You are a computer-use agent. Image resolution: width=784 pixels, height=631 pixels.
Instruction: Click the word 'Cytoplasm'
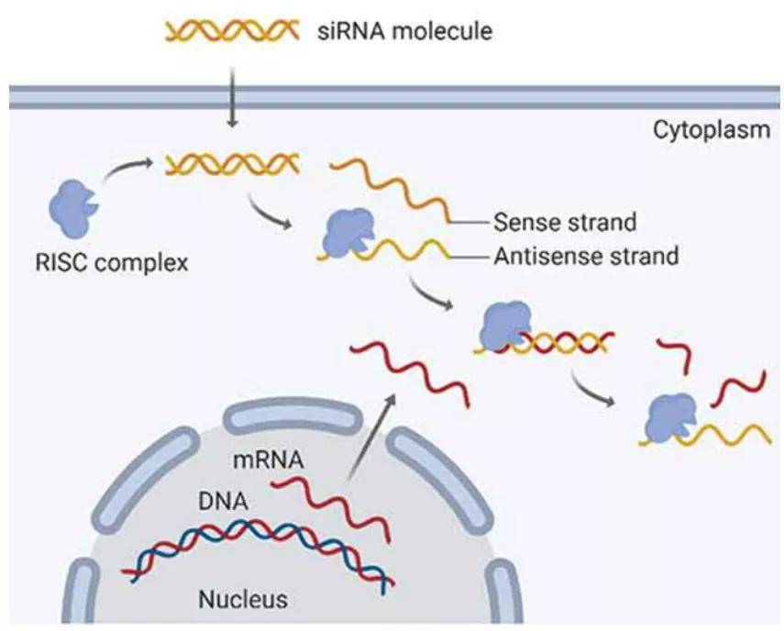pyautogui.click(x=712, y=129)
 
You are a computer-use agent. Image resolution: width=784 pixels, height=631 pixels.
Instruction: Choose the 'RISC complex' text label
pyautogui.click(x=108, y=264)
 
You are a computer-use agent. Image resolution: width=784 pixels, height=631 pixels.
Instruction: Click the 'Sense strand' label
pyautogui.click(x=565, y=222)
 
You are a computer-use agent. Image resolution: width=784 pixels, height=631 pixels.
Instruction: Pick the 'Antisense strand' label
pyautogui.click(x=586, y=256)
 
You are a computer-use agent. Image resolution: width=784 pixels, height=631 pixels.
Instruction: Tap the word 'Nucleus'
pyautogui.click(x=243, y=601)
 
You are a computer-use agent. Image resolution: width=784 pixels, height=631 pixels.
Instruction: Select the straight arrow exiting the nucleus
pyautogui.click(x=372, y=437)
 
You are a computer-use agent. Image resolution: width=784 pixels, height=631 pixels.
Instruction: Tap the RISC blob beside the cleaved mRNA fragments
pyautogui.click(x=670, y=416)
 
